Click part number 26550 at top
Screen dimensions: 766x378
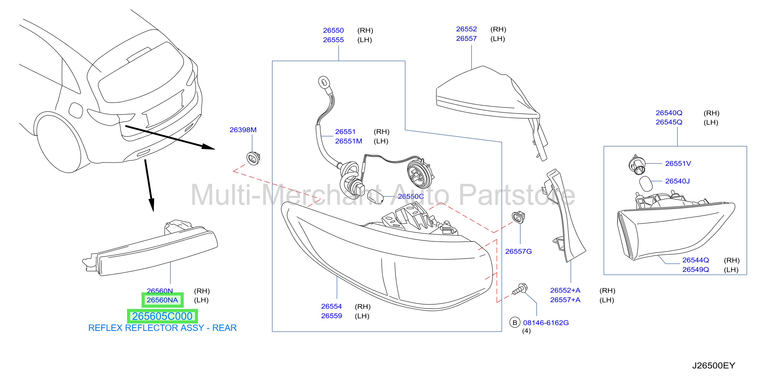333,30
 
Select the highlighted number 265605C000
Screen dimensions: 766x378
162,316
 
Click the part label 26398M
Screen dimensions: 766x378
243,130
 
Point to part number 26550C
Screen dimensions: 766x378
411,196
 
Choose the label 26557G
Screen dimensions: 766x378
518,251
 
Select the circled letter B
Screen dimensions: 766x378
515,322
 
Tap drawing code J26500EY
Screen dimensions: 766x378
713,365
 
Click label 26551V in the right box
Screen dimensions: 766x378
678,163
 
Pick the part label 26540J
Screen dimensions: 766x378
677,181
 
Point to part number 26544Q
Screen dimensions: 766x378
696,260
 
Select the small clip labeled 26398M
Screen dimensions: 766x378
253,158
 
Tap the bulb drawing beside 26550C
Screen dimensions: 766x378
375,197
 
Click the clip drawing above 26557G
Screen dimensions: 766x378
518,217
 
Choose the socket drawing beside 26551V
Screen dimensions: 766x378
637,165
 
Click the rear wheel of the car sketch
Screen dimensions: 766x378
58,143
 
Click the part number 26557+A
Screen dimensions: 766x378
565,300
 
